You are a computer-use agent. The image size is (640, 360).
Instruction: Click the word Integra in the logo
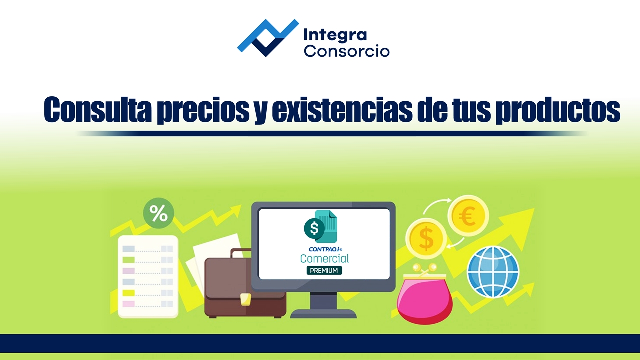coord(335,35)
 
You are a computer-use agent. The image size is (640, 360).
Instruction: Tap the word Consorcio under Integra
coord(347,51)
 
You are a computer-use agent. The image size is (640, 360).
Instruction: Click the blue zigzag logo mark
coord(268,38)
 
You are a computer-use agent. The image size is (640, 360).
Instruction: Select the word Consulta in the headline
coord(97,110)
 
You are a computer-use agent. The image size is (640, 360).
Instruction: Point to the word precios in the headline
coord(203,111)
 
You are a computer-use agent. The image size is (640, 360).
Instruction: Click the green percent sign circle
coord(159,213)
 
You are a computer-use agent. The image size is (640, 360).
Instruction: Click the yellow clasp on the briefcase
coord(245,299)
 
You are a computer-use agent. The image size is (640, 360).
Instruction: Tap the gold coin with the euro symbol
coord(468,216)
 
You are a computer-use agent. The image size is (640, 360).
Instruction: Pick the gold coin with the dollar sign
coord(426,238)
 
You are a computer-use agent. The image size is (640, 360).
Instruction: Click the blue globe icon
coord(493,272)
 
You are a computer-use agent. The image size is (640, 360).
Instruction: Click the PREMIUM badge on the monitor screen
coord(324,270)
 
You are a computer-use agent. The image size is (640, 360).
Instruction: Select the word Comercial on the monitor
coord(324,258)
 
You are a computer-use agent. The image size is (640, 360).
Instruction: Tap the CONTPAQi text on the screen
coord(325,249)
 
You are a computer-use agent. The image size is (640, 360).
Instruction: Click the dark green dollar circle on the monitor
coord(314,228)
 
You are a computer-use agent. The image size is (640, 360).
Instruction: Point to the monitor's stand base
coord(323,313)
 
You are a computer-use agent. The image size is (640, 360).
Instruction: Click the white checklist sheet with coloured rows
coord(148,276)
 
